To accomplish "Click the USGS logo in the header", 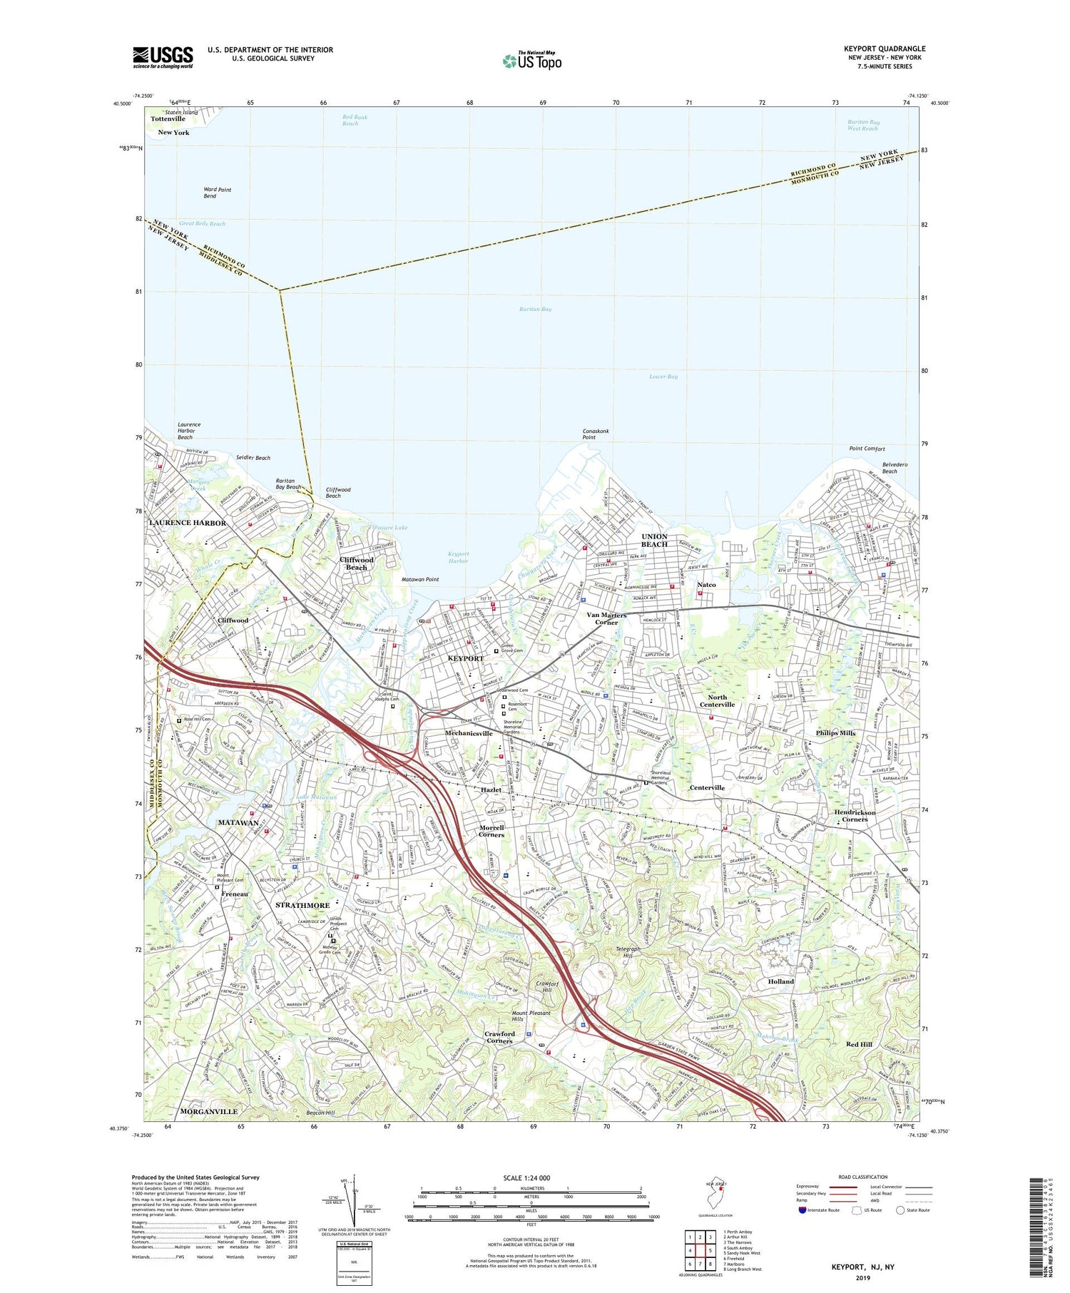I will (x=163, y=57).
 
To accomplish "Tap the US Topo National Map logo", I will (x=531, y=61).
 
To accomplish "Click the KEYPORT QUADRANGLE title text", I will (x=884, y=48).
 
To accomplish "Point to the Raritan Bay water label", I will (x=535, y=309).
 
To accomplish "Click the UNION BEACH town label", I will (x=654, y=540).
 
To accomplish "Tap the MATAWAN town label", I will (x=238, y=822).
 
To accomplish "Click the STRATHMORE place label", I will (x=302, y=905).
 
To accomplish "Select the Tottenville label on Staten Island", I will (x=168, y=119).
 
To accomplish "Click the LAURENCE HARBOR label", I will (x=188, y=523).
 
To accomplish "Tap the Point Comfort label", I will (x=867, y=449).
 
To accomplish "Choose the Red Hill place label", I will (x=859, y=1044).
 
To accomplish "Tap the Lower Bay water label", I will (x=663, y=377).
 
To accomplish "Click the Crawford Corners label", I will (x=499, y=1037).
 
